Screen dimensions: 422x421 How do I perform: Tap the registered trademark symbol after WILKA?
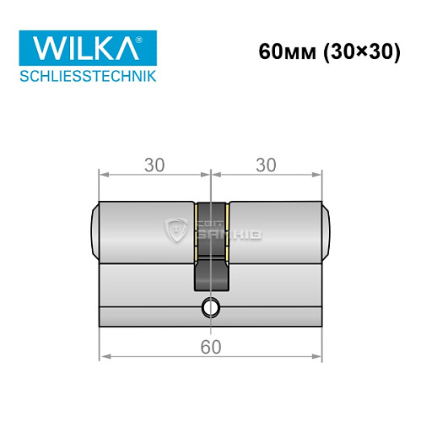[149, 37]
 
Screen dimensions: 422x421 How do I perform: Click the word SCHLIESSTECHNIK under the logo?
[88, 77]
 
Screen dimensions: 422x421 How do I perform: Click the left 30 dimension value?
[154, 164]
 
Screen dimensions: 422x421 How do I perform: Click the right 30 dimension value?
[267, 164]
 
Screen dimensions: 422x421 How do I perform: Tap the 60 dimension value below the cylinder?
[210, 346]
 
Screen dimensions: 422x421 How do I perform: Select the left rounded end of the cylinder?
[94, 230]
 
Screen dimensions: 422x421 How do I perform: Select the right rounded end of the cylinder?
[327, 230]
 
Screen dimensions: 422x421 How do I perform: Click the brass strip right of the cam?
[227, 229]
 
